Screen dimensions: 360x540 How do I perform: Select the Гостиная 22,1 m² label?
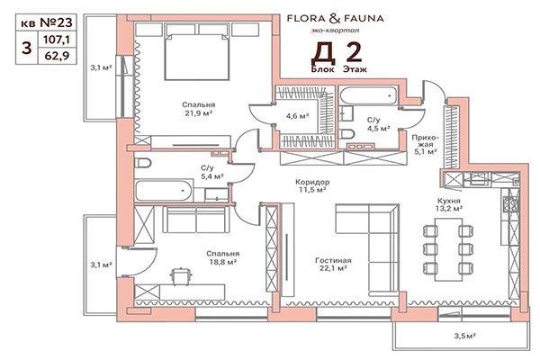(x=332, y=265)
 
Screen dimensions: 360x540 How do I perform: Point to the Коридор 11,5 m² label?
(x=311, y=185)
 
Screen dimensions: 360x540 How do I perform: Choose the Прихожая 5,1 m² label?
(x=425, y=145)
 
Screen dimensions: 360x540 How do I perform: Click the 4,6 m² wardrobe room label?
(x=298, y=116)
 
